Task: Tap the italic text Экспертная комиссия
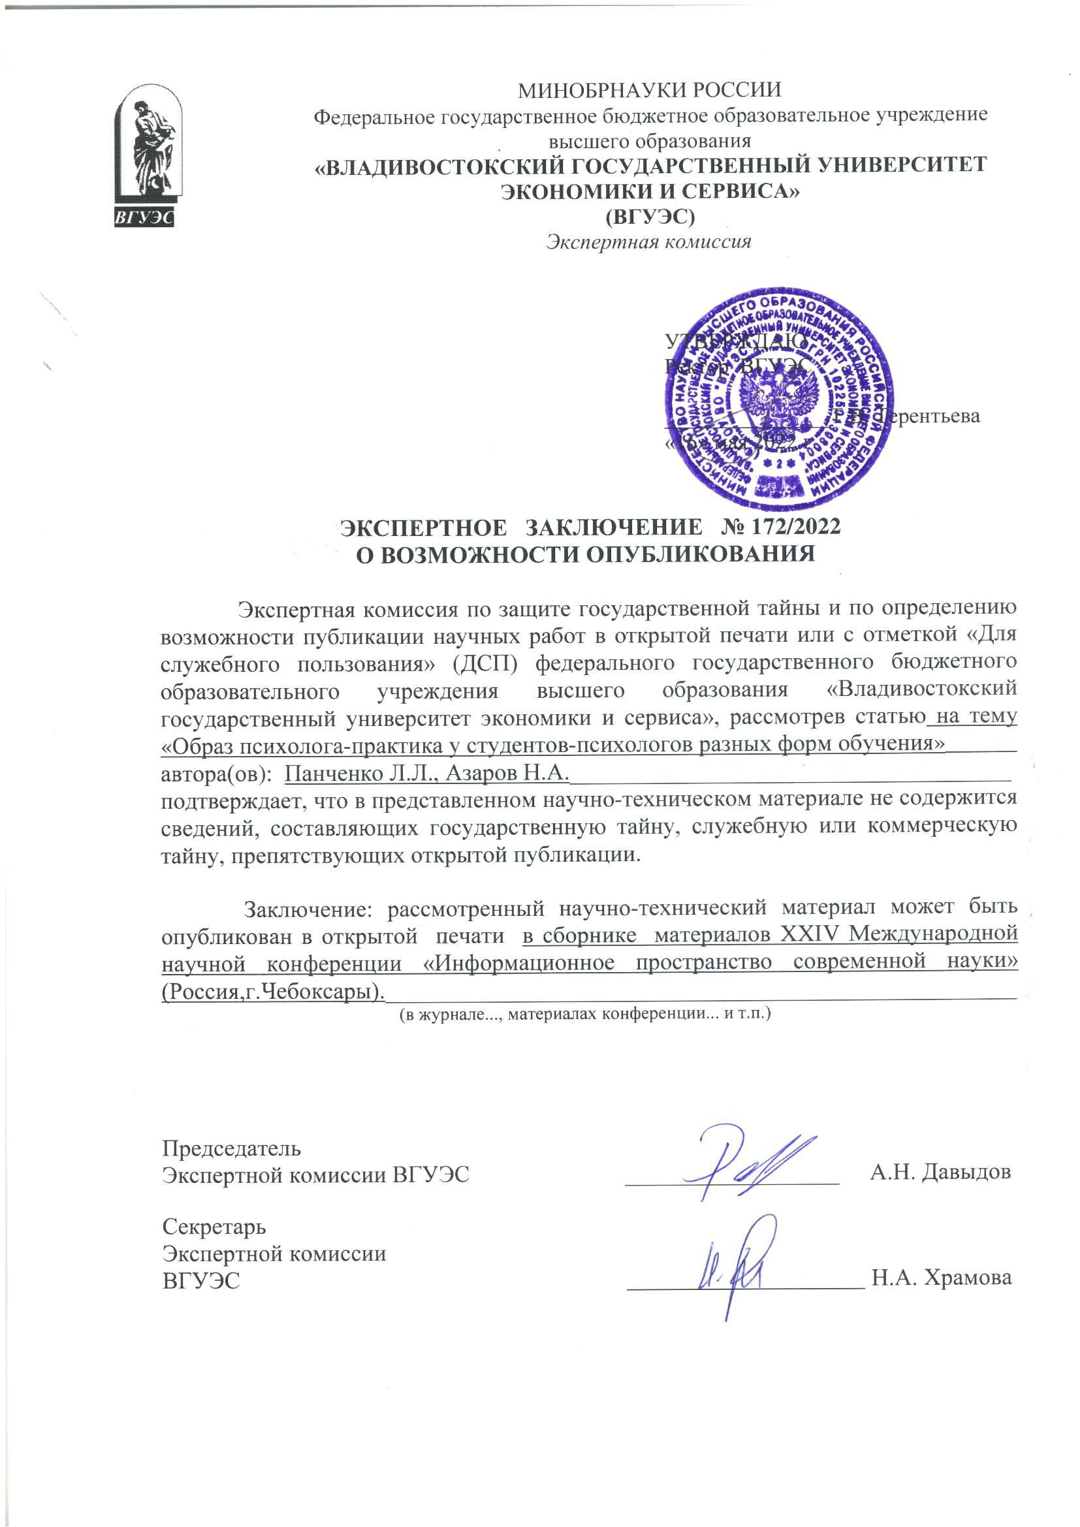pos(648,242)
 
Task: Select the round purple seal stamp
pos(780,404)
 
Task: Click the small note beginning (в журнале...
pos(584,1015)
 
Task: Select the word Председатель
pos(231,1148)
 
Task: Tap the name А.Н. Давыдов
pos(940,1172)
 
